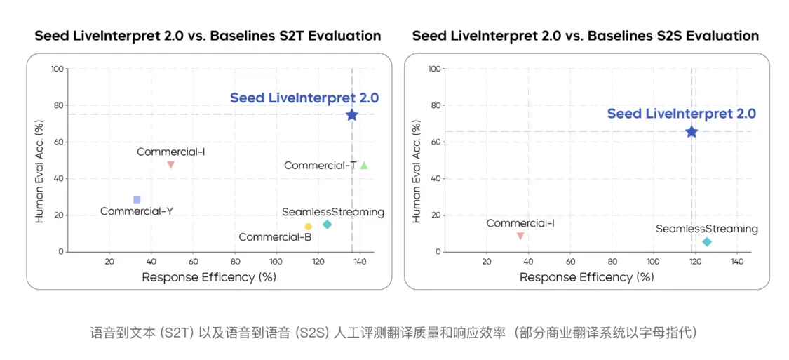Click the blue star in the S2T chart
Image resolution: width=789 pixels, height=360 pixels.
[351, 114]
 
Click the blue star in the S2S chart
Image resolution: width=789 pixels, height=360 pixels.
[692, 131]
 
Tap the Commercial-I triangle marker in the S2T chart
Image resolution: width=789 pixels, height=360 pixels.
[170, 165]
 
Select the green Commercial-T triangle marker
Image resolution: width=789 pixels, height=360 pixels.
[363, 166]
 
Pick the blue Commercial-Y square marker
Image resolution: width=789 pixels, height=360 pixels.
[137, 200]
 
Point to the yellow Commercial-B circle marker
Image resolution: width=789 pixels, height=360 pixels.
[308, 227]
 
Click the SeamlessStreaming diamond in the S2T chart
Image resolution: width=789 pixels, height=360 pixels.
[327, 225]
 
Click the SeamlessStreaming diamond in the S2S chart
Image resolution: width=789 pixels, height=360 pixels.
[706, 241]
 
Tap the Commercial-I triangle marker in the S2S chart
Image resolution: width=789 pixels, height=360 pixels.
[520, 236]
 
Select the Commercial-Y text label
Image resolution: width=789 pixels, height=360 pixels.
[137, 211]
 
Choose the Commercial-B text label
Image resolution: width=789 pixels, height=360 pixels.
[275, 237]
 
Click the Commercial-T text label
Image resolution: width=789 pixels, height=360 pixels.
[321, 166]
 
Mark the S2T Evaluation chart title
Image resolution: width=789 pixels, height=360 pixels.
[208, 36]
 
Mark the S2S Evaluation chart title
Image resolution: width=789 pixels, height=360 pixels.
[586, 36]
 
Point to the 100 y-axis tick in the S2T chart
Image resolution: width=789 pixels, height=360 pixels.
[57, 69]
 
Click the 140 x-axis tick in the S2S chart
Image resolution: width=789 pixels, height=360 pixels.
[737, 261]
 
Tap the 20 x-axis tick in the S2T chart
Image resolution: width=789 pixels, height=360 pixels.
[109, 261]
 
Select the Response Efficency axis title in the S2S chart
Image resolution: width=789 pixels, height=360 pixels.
[586, 277]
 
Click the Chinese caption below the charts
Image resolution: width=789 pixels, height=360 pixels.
[394, 332]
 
